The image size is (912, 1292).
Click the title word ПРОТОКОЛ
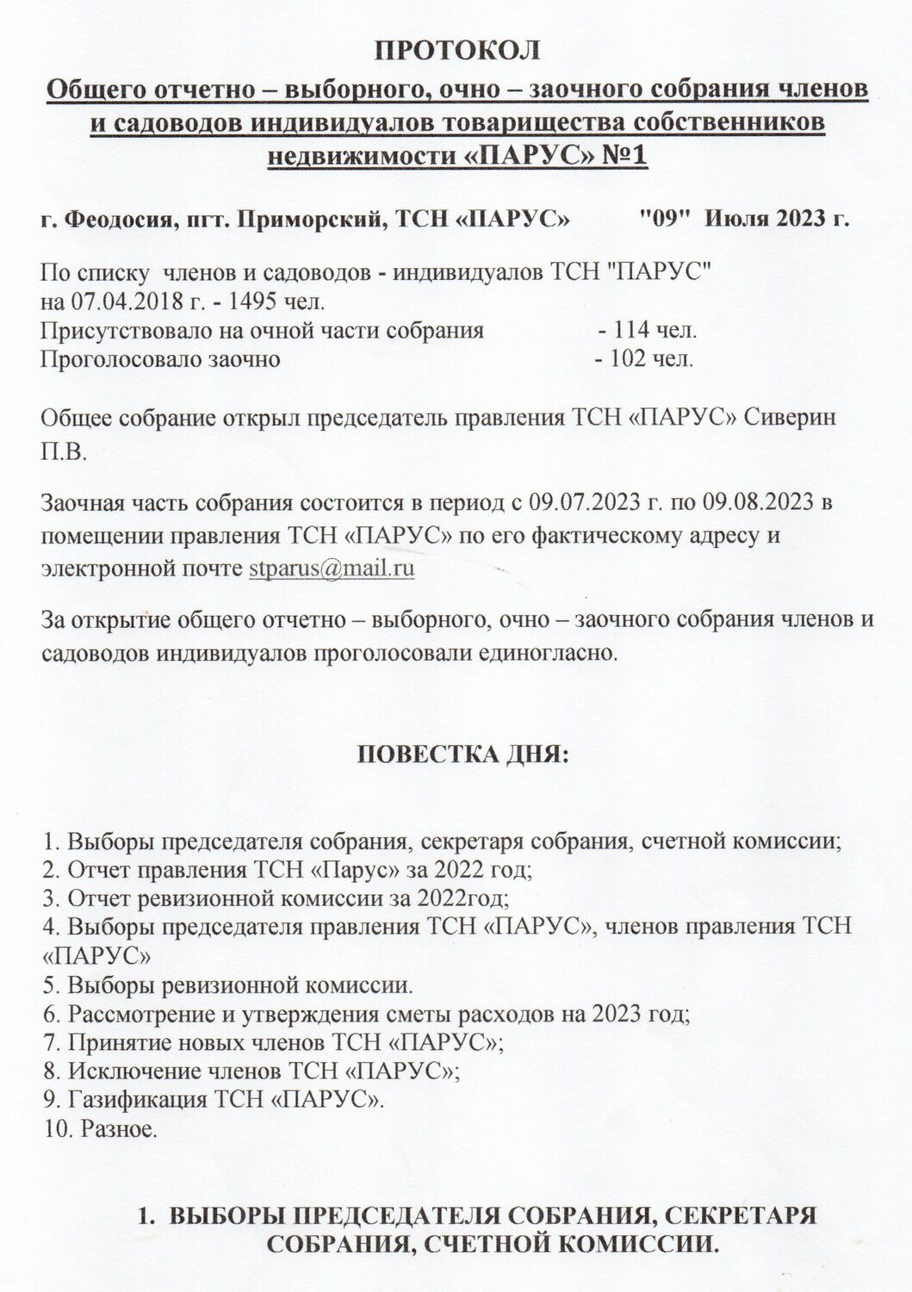tap(456, 49)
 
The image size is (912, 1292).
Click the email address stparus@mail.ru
tap(332, 569)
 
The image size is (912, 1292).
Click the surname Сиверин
tap(793, 419)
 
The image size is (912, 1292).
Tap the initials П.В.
tap(64, 453)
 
